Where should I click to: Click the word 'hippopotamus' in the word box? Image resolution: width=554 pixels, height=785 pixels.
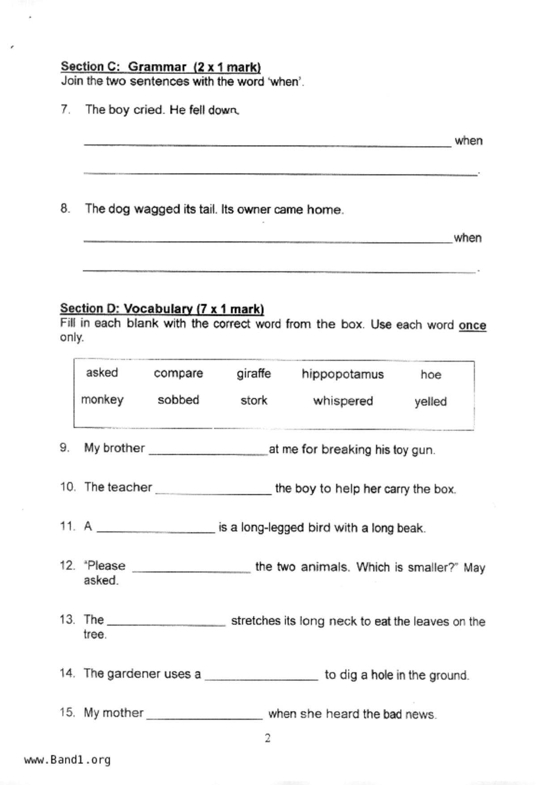pyautogui.click(x=343, y=374)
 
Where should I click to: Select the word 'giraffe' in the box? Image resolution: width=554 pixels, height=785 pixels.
pyautogui.click(x=254, y=374)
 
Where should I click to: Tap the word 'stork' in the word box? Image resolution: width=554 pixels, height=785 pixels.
pyautogui.click(x=254, y=400)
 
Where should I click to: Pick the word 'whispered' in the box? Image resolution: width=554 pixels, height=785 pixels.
pyautogui.click(x=343, y=401)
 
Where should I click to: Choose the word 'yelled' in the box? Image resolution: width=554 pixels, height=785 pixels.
pyautogui.click(x=430, y=401)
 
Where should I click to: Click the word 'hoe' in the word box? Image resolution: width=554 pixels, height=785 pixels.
pyautogui.click(x=431, y=375)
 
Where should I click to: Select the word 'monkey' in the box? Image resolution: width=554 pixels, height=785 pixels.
pyautogui.click(x=102, y=400)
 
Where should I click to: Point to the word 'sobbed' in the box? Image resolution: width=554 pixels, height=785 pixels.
pyautogui.click(x=178, y=400)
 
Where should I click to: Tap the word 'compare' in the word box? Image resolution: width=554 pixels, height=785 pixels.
pyautogui.click(x=178, y=373)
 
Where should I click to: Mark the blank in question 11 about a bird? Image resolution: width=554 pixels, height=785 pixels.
pyautogui.click(x=156, y=530)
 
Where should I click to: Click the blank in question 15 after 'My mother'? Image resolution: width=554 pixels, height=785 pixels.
pyautogui.click(x=204, y=716)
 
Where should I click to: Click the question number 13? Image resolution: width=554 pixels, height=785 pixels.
pyautogui.click(x=67, y=620)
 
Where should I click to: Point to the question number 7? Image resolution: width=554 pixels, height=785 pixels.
pyautogui.click(x=65, y=110)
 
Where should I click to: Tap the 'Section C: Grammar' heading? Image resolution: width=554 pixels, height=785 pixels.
pyautogui.click(x=161, y=67)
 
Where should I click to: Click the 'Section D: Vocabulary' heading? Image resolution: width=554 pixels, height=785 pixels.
pyautogui.click(x=162, y=309)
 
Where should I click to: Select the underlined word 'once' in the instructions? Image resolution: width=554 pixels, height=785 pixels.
pyautogui.click(x=472, y=325)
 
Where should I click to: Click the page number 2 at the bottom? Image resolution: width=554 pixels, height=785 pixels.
pyautogui.click(x=267, y=738)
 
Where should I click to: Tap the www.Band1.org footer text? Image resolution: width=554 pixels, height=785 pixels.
pyautogui.click(x=67, y=760)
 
